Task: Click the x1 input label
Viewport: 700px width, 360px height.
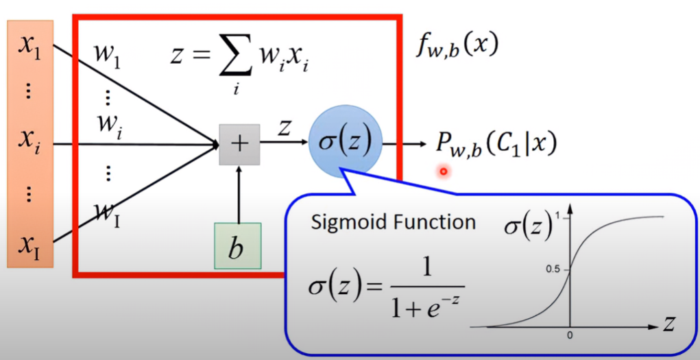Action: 30,47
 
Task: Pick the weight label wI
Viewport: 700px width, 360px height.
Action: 107,215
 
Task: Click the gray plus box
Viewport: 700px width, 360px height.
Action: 239,145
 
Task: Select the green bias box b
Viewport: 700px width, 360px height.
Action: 237,246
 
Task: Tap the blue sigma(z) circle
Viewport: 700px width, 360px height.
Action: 346,141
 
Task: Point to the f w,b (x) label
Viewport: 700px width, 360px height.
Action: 456,47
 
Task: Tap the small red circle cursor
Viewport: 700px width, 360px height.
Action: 444,171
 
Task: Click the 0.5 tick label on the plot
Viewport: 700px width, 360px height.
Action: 551,269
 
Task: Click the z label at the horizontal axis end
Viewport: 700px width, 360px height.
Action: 668,325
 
